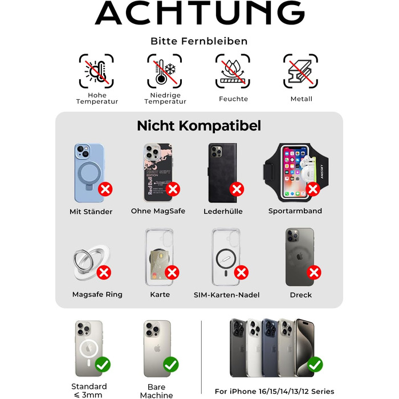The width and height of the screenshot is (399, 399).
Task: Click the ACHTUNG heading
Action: point(199,13)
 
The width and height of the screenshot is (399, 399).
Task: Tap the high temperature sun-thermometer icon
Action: point(96,71)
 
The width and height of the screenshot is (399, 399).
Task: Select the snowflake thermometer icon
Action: point(164,71)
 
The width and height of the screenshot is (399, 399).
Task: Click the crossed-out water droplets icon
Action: point(233,71)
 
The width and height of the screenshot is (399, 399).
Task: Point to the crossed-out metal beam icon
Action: point(300,71)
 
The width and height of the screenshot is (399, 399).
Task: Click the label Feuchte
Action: point(233,99)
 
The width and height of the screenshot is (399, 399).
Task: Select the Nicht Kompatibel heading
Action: point(199,126)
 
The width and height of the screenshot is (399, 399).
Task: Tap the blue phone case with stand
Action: point(89,173)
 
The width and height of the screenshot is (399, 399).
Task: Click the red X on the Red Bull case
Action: point(173,189)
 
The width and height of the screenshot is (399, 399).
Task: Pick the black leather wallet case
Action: point(223,173)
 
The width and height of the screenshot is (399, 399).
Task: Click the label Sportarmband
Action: point(295,211)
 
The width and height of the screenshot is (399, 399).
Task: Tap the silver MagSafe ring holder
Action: point(92,262)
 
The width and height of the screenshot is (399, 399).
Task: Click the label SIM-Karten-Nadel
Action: point(226,295)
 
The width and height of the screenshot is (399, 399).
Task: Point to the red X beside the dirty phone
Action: point(314,272)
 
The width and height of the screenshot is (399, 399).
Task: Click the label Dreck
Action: point(301,295)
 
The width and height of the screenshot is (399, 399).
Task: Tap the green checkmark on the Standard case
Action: point(103,364)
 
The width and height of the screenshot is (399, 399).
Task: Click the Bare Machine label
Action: point(156,391)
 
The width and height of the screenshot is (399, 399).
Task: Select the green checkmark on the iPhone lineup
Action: point(315,364)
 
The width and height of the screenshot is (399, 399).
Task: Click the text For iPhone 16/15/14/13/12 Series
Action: point(274,392)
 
